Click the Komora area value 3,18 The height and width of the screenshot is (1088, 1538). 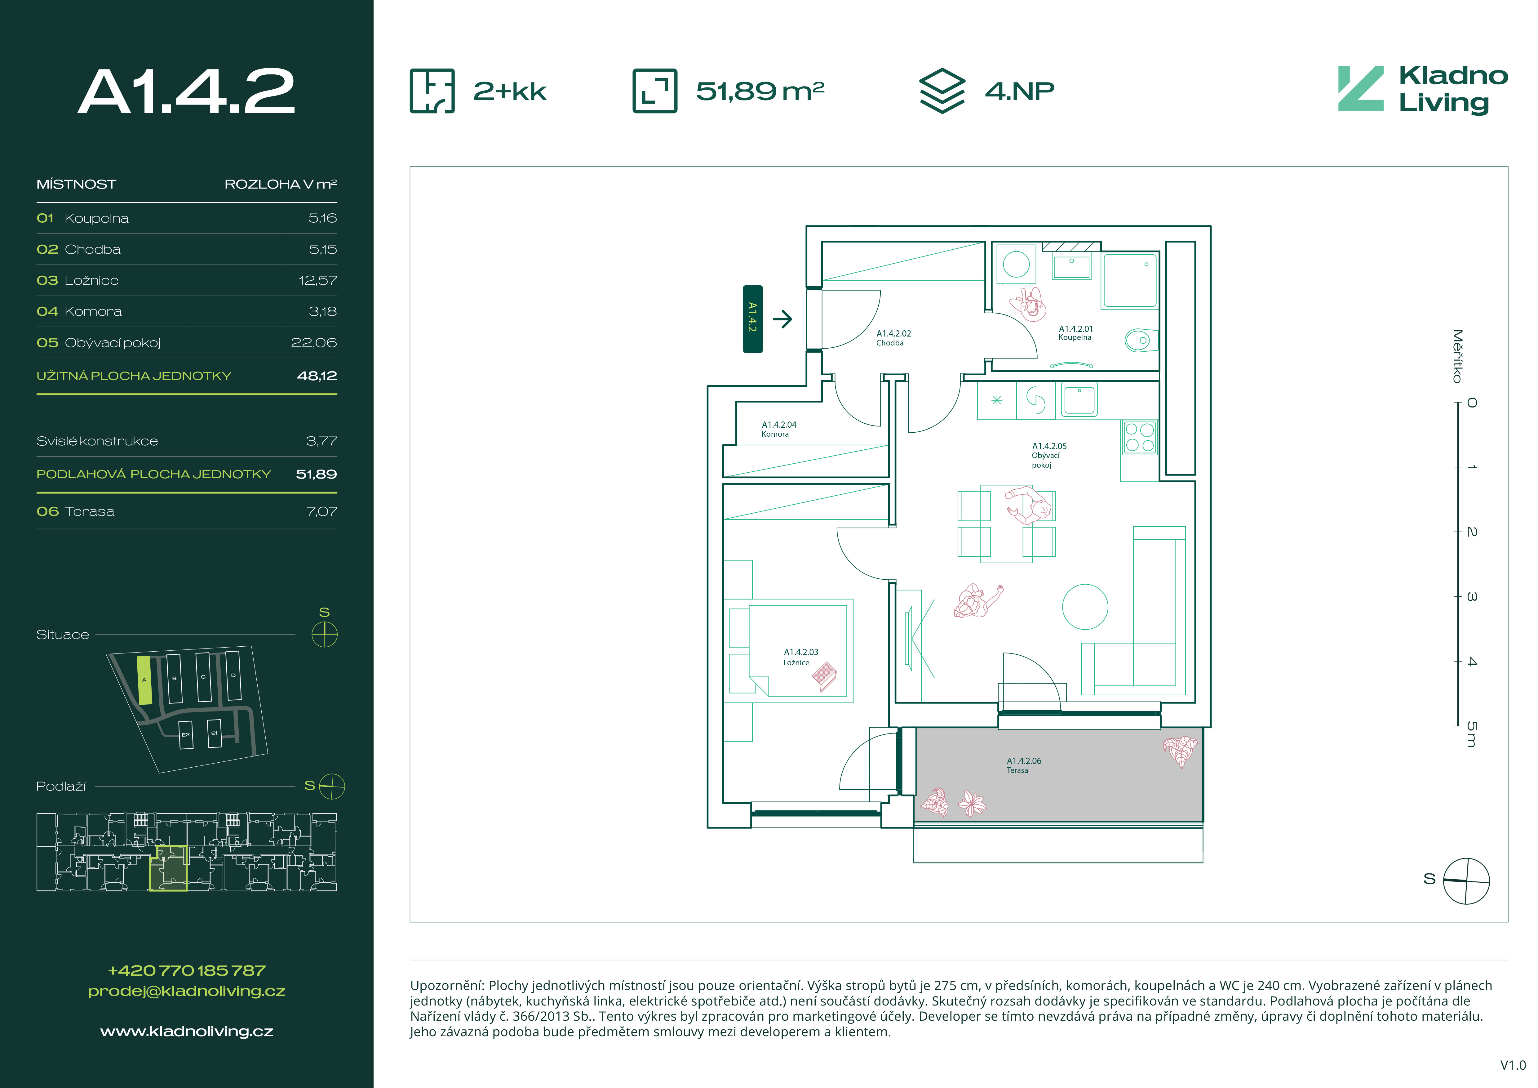pyautogui.click(x=323, y=311)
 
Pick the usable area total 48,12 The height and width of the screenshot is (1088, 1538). pyautogui.click(x=317, y=376)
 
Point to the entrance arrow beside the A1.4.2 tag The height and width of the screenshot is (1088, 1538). pyautogui.click(x=782, y=319)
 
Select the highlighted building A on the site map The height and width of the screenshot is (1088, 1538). pyautogui.click(x=144, y=680)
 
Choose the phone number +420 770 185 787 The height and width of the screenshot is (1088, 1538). pyautogui.click(x=187, y=970)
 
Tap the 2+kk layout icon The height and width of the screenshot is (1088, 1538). pyautogui.click(x=432, y=91)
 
